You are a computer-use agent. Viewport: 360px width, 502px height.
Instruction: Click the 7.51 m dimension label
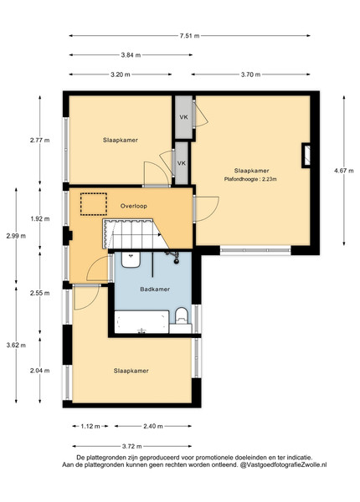pos(189,35)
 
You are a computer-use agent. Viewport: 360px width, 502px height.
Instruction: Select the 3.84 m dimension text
pos(131,55)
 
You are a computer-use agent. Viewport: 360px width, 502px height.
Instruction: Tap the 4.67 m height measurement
pos(344,171)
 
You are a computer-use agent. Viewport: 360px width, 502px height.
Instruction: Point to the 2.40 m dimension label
pos(152,426)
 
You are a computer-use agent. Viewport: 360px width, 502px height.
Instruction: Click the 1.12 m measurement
pos(90,426)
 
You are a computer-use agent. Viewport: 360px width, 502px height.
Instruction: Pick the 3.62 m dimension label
pos(16,345)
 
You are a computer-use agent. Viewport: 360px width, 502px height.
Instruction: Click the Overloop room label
pos(134,206)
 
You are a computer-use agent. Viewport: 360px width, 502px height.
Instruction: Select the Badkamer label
pos(155,289)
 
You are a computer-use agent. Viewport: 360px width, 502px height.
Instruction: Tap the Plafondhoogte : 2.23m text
pos(250,179)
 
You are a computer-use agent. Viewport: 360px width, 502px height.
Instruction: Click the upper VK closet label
pos(183,117)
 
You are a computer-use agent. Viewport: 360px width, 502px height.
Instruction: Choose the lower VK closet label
pos(182,163)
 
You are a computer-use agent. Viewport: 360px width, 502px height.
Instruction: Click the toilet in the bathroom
pos(182,315)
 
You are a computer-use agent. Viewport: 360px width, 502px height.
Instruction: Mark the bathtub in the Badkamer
pos(141,322)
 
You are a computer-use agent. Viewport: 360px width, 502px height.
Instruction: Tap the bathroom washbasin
pos(131,259)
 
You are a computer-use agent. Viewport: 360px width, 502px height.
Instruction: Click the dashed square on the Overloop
pos(94,204)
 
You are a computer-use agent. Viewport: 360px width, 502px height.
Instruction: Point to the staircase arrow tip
pos(161,234)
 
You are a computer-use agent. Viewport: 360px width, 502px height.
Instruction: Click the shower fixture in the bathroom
pos(173,257)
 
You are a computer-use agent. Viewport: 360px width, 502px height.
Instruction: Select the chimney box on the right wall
pos(306,156)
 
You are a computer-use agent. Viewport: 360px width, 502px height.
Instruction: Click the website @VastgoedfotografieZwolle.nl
pos(284,464)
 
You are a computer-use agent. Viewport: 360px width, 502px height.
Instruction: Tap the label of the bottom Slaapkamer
pos(131,371)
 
